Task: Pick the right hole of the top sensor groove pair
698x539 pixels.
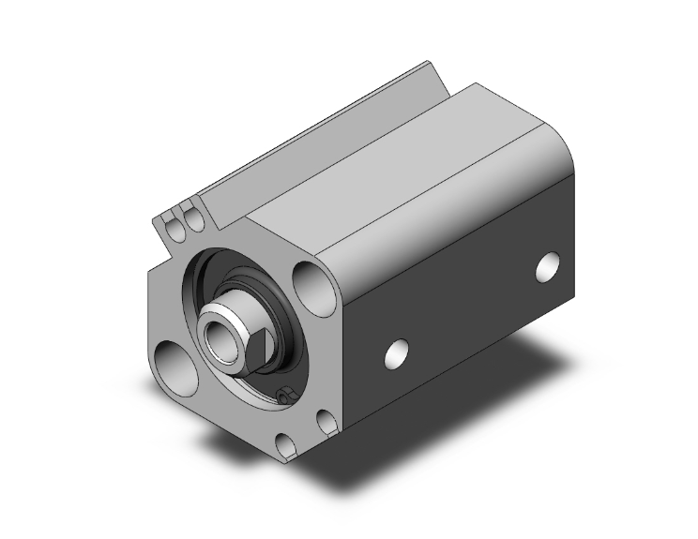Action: tap(193, 219)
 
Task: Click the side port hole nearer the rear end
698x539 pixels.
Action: tap(547, 266)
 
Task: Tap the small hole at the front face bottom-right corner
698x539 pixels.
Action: tap(326, 423)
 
